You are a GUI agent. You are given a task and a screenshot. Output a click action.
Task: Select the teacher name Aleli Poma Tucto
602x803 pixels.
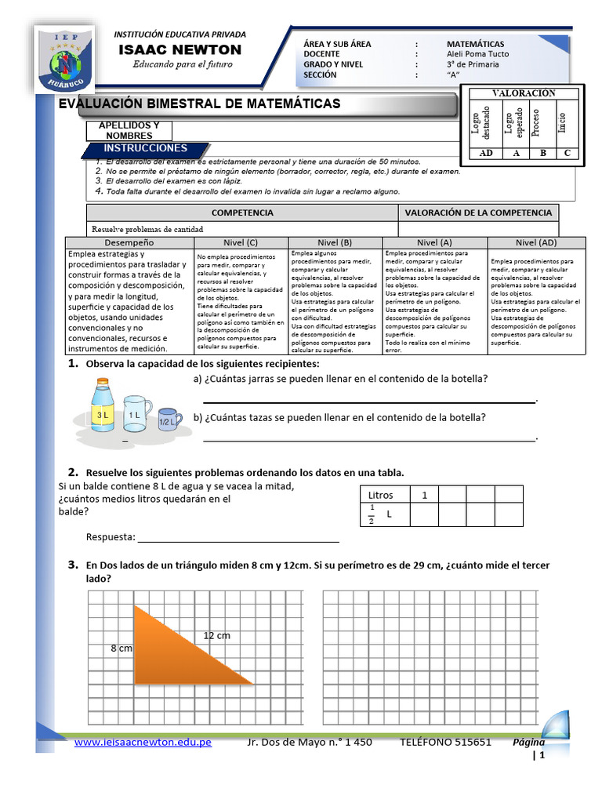point(477,54)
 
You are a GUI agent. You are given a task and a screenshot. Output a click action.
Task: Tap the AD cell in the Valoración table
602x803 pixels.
point(486,153)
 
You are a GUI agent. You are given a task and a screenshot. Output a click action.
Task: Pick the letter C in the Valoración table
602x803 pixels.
point(568,153)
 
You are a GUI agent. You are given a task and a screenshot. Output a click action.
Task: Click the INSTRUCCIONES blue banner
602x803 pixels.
point(146,148)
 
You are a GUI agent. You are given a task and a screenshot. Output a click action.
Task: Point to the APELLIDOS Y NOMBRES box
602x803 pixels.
point(129,130)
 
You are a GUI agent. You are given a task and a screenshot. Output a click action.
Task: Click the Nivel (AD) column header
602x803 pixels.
point(536,243)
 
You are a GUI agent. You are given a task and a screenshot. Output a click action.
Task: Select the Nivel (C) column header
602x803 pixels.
point(240,243)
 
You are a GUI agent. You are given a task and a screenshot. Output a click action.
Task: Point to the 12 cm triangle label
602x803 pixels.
point(216,635)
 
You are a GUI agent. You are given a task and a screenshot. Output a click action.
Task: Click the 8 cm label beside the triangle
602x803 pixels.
point(121,649)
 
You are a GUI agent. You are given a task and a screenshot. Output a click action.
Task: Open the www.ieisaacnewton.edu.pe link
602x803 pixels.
point(143,742)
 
